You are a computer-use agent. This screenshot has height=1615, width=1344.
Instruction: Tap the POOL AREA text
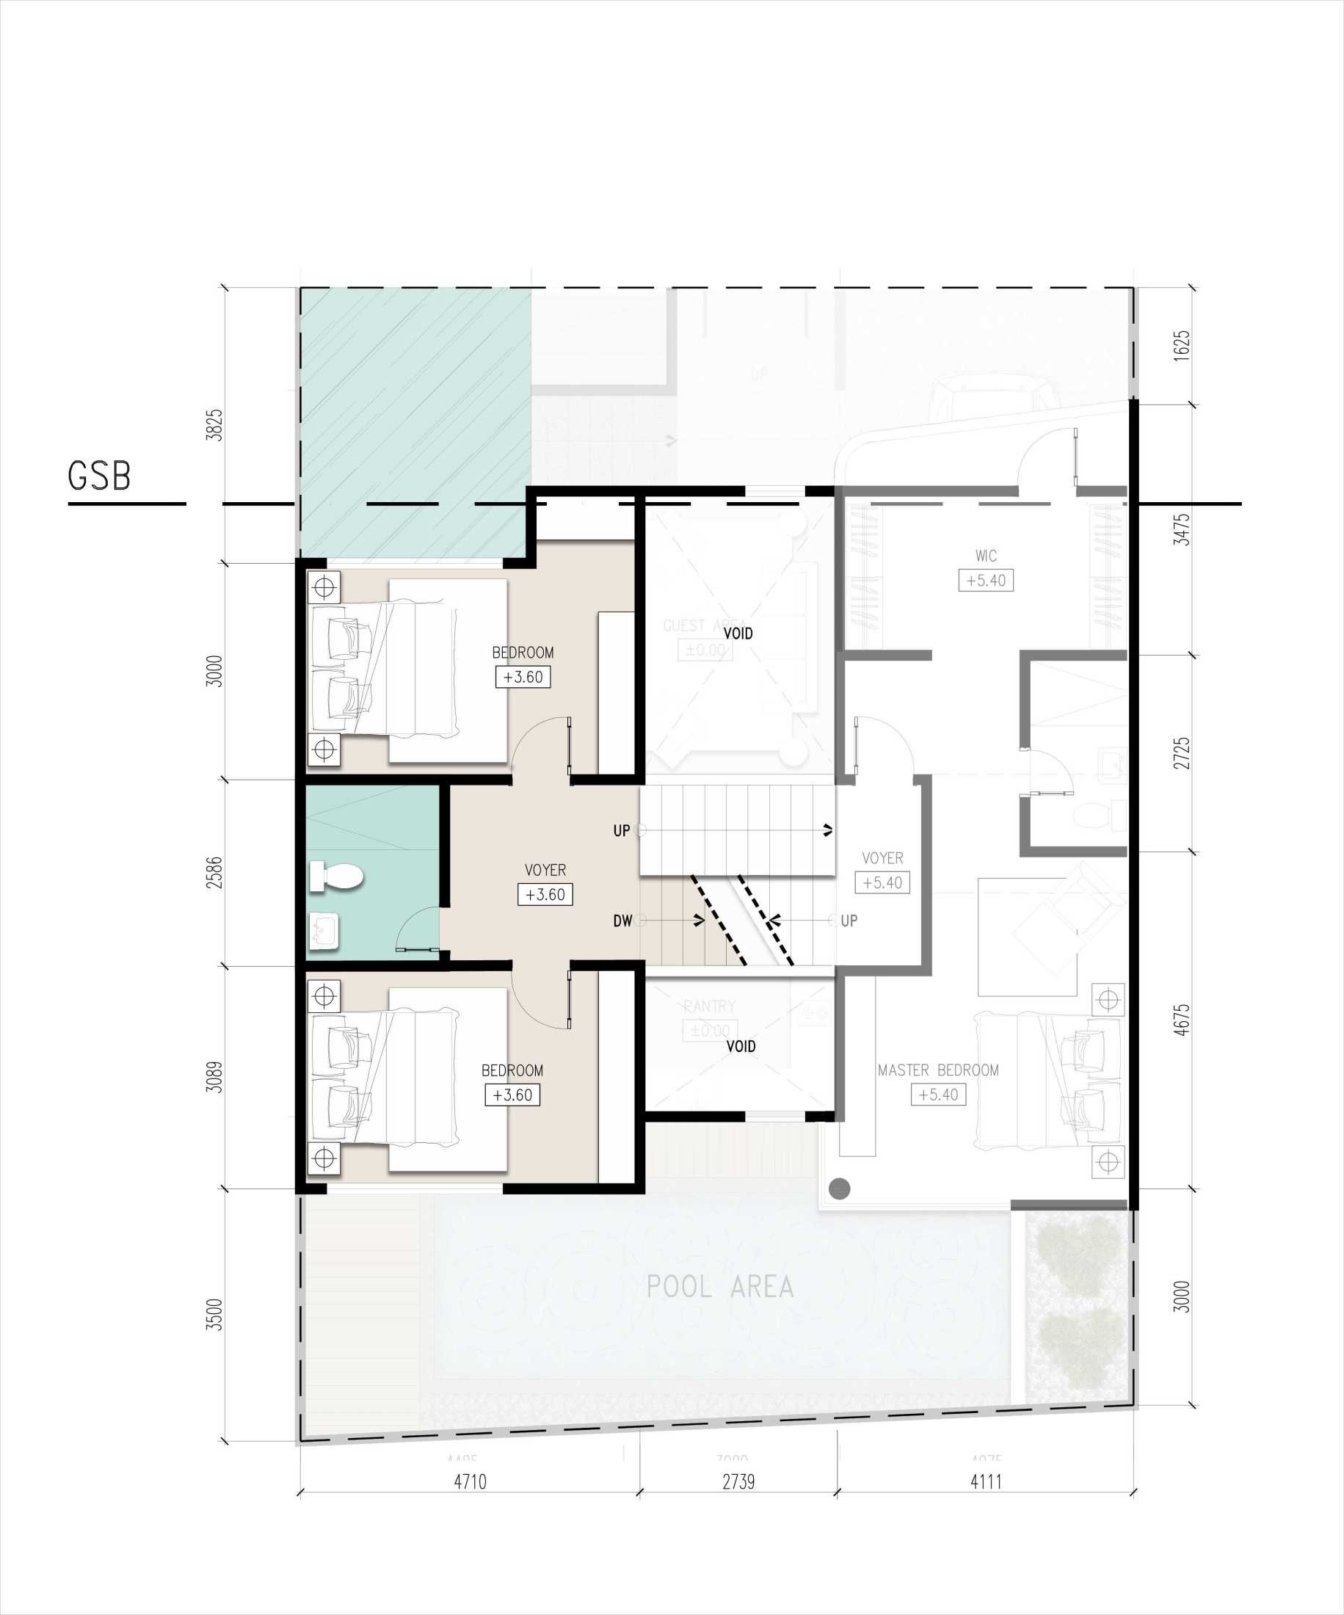(719, 1287)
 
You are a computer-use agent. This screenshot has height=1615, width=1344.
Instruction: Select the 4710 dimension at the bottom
(470, 1481)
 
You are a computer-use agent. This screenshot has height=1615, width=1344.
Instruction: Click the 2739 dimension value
(738, 1481)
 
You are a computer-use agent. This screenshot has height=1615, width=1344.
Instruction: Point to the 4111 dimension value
(986, 1481)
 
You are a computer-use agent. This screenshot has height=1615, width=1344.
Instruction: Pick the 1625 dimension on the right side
(1182, 345)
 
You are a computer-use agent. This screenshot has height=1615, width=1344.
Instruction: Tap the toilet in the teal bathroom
(336, 876)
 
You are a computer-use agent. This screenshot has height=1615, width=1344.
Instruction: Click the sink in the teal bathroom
(324, 931)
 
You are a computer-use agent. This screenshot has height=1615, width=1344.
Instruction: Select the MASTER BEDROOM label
(938, 1070)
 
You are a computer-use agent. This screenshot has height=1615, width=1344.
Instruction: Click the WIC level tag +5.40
(986, 581)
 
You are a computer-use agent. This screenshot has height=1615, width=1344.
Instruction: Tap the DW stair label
(622, 921)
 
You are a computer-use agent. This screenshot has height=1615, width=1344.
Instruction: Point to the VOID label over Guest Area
(738, 634)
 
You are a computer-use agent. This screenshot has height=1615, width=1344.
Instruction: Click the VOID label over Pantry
(741, 1046)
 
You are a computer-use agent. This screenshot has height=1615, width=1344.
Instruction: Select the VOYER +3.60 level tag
(545, 894)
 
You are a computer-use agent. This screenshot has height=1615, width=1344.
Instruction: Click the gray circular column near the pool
(840, 1188)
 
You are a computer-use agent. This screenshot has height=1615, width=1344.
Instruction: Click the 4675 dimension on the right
(1182, 1020)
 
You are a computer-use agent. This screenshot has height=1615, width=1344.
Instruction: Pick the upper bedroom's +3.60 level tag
(523, 677)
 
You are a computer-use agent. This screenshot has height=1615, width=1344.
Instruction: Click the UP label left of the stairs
(621, 830)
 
